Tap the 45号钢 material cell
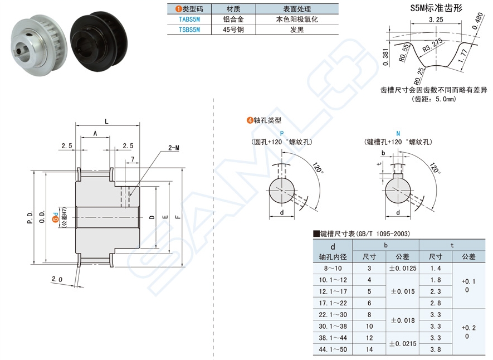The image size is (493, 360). click(233, 30)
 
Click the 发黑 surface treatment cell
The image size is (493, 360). click(297, 30)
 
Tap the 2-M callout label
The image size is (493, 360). click(173, 148)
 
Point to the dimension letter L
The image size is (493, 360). click(106, 121)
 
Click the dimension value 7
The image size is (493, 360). click(133, 160)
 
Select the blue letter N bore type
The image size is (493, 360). click(397, 133)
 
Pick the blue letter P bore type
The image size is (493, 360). click(281, 133)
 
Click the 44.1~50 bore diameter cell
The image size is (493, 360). click(333, 349)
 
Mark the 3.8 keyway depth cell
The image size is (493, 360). click(436, 349)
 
